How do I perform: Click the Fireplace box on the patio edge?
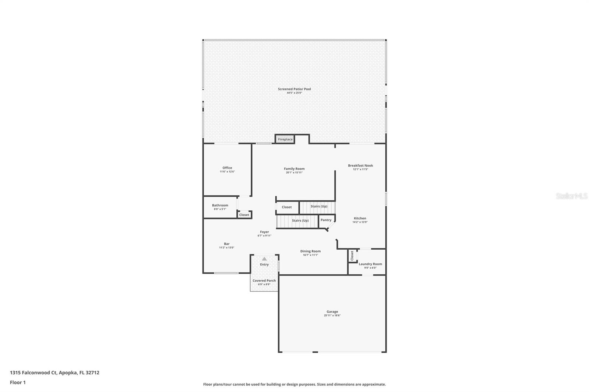click(285, 139)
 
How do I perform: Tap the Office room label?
click(227, 168)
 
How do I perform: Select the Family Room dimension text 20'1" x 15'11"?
click(294, 172)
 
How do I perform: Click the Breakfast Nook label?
click(360, 165)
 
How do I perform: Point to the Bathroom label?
click(220, 205)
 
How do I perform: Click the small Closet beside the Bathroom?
click(244, 215)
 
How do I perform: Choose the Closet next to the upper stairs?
click(287, 207)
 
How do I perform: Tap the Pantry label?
click(326, 220)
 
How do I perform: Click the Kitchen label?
click(360, 218)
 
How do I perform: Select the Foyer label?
click(264, 232)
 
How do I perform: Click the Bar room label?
click(226, 243)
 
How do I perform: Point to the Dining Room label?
click(310, 251)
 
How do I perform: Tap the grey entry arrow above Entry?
click(264, 259)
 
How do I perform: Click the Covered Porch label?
click(264, 281)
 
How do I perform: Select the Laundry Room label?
click(370, 264)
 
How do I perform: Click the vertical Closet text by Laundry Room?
click(352, 256)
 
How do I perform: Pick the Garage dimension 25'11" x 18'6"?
click(332, 316)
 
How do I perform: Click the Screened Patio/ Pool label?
click(294, 89)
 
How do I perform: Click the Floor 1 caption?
click(18, 382)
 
